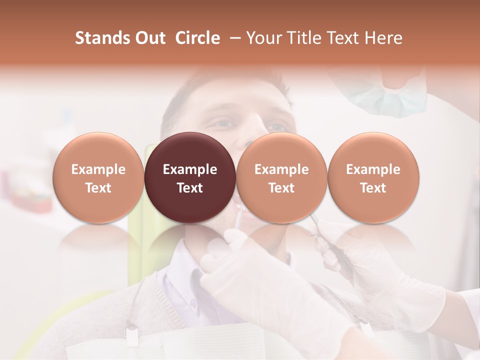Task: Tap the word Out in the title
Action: [149, 38]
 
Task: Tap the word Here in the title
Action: [382, 38]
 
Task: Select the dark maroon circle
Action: [189, 150]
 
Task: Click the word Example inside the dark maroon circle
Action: [189, 169]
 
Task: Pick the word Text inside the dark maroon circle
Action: [189, 188]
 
